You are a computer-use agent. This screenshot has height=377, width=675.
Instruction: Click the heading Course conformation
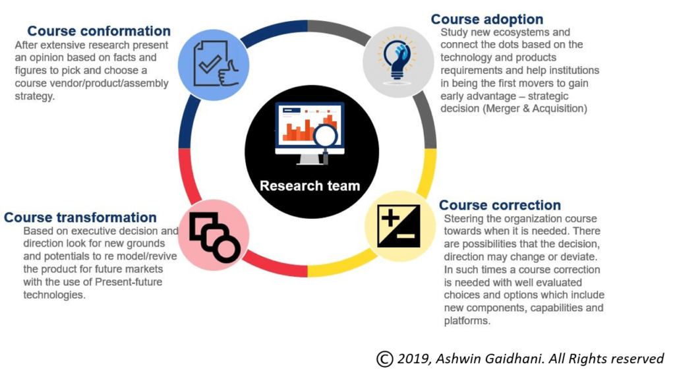99,31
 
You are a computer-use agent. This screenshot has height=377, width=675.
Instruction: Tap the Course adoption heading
487,19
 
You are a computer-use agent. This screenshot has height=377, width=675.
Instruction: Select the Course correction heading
500,205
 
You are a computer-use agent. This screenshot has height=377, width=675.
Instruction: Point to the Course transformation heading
80,217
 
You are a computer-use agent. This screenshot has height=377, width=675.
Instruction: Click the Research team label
310,186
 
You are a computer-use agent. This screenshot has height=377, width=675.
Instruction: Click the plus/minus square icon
398,226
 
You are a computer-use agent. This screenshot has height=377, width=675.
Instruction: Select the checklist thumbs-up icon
216,64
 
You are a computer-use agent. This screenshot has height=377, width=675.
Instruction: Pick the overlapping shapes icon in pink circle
214,237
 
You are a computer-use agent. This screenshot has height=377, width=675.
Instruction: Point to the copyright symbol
385,359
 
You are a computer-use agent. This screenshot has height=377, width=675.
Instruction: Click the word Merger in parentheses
502,109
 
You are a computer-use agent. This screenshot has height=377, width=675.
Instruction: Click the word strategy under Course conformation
35,96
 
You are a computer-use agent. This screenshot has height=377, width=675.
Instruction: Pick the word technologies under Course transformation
54,295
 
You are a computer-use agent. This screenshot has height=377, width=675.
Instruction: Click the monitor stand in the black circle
310,159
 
